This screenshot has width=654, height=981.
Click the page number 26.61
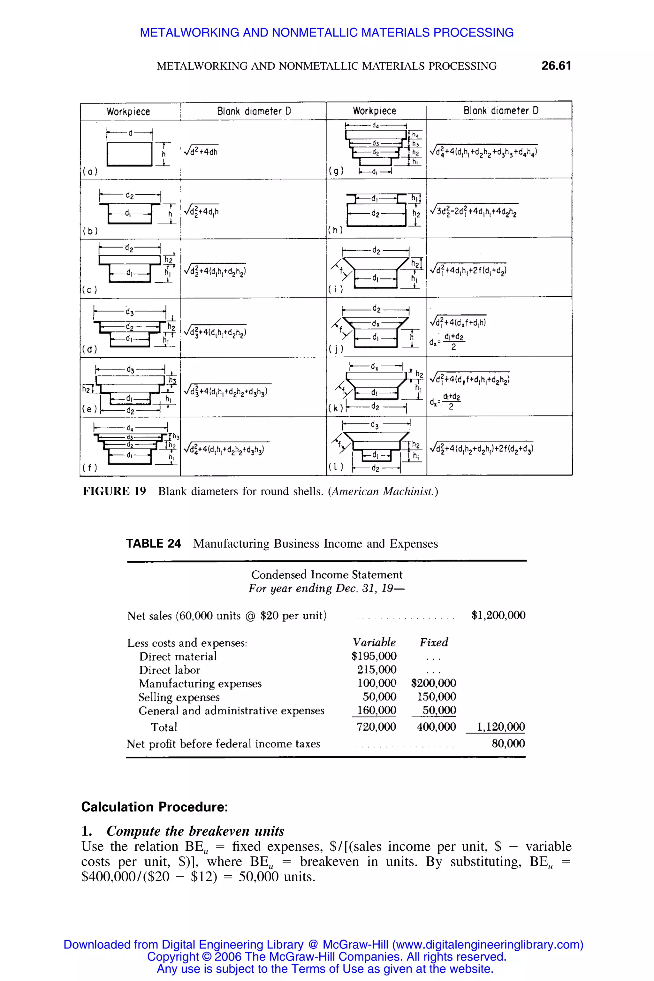click(x=556, y=65)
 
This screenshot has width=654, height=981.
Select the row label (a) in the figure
click(x=90, y=171)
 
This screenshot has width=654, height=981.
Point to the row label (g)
click(x=336, y=171)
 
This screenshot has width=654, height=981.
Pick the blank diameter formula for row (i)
click(x=468, y=270)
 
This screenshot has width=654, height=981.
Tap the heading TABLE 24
click(x=153, y=544)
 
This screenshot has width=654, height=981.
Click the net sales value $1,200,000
click(x=498, y=615)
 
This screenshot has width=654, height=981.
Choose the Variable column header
click(x=374, y=642)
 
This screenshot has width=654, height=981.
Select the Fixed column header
click(x=433, y=642)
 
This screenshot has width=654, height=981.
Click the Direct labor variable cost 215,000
click(x=376, y=670)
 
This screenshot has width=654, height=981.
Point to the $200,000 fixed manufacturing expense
click(x=433, y=683)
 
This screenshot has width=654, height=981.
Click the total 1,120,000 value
click(x=500, y=727)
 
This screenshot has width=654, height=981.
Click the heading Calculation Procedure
click(x=154, y=807)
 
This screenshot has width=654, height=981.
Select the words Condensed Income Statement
click(x=327, y=575)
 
